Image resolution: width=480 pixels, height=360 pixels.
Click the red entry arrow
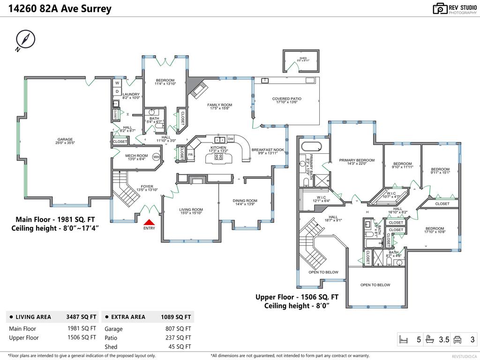(149, 223)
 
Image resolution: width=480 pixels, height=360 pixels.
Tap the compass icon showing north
(24, 39)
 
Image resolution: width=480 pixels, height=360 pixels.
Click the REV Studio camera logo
(440, 8)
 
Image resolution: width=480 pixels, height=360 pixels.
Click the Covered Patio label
(287, 99)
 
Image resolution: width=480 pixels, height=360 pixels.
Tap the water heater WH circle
(156, 157)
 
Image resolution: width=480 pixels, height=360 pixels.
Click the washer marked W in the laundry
(117, 83)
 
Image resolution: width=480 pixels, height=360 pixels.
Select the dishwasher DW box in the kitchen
(231, 139)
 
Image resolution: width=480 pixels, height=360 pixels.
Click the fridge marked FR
(191, 154)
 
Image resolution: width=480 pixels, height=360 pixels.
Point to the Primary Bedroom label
(357, 160)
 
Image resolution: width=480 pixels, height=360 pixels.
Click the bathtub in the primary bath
(311, 146)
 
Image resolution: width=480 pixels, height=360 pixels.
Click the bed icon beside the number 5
(403, 339)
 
